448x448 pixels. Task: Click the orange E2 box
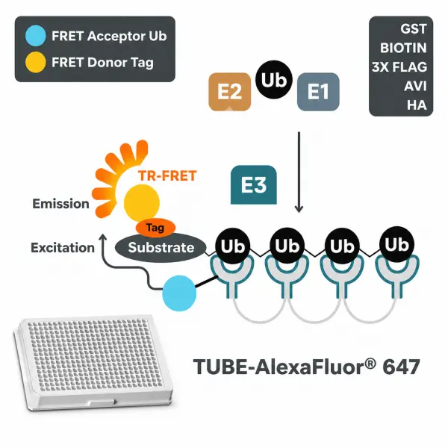coord(230,92)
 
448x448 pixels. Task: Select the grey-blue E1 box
coord(318,92)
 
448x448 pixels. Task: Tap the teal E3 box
coord(254,185)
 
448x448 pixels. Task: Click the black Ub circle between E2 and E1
coord(274,80)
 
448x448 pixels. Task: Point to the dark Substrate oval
coord(161,248)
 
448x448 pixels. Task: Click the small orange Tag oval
coord(155,228)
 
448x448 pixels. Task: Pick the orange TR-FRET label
coord(167,175)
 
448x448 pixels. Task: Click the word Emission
coord(61,204)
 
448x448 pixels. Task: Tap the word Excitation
coord(63,248)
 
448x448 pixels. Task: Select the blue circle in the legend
coord(35,36)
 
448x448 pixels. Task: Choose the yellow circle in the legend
coord(35,62)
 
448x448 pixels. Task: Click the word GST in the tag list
coord(414,29)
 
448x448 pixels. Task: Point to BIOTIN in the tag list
coord(403,48)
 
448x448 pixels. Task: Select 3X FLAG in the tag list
coord(399,67)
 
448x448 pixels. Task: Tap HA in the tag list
coord(417,105)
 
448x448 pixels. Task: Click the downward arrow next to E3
coord(299,172)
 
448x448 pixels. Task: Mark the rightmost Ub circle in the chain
coord(397,245)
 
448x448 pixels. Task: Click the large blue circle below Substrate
coord(179,293)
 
